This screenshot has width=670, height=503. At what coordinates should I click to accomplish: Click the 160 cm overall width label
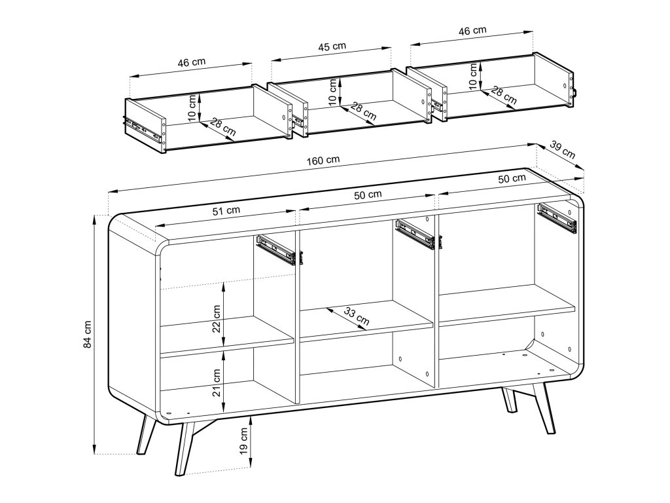tap(323, 160)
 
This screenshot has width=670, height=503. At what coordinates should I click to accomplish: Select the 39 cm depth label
tap(562, 149)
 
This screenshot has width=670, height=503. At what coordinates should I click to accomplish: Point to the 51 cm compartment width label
tap(226, 210)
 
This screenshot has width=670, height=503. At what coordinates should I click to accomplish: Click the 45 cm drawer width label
tap(332, 47)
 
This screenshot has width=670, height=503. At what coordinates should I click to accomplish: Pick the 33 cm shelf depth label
tap(356, 316)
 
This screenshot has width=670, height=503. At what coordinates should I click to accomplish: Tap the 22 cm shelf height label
tap(217, 318)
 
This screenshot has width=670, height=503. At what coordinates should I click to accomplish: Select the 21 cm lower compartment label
tap(217, 382)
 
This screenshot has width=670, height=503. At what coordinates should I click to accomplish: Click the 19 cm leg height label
tap(243, 441)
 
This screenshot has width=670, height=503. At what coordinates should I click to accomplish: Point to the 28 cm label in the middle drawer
tap(363, 111)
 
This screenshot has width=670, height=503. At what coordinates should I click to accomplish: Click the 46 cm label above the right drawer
tap(472, 31)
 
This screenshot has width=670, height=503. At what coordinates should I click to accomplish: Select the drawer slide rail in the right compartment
tap(557, 217)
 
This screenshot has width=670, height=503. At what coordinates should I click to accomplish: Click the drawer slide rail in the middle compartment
tap(416, 234)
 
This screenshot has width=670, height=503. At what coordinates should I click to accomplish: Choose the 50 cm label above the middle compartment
tap(368, 195)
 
